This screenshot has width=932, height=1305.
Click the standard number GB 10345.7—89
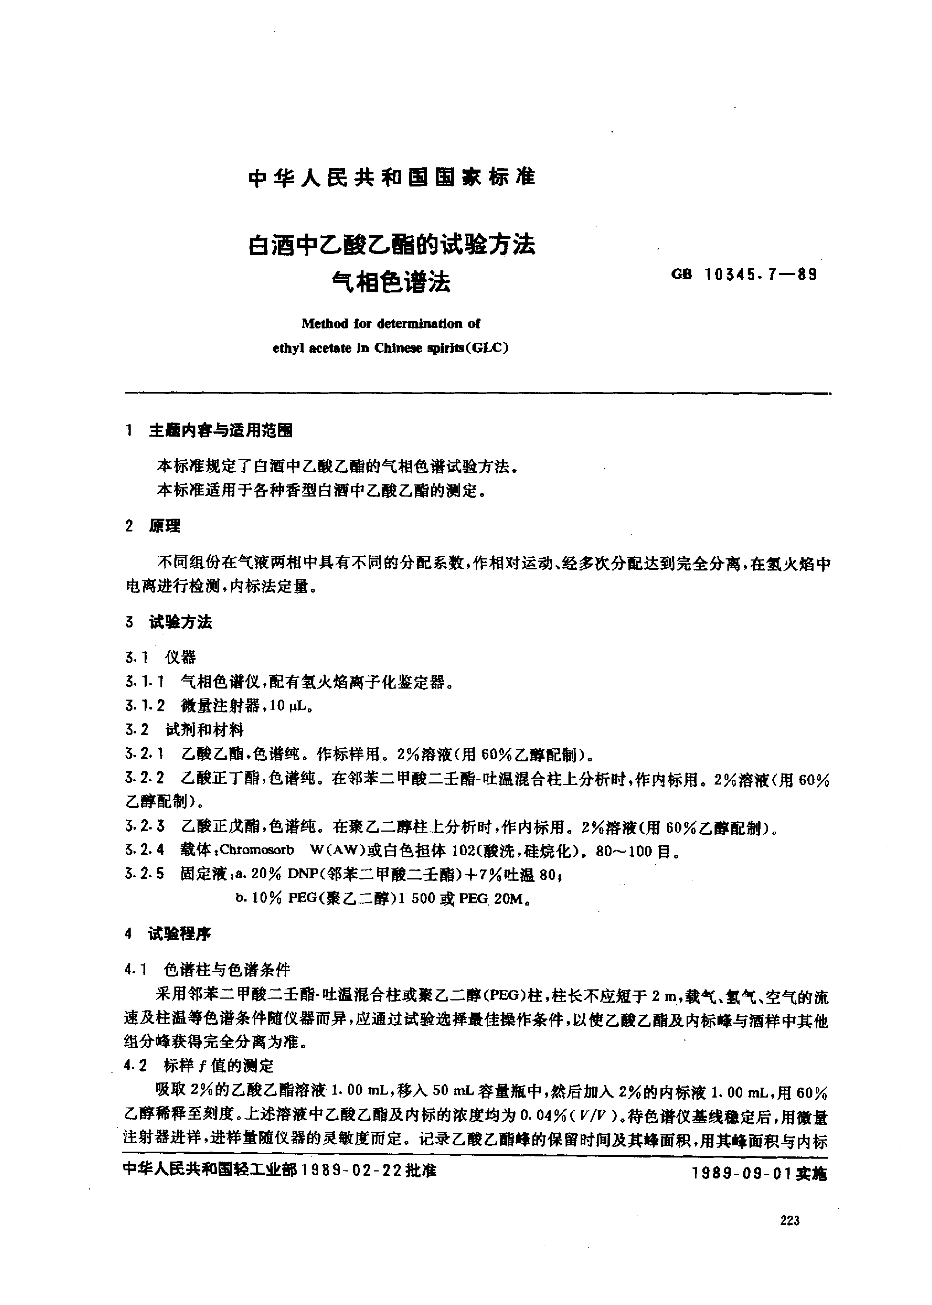[x=744, y=275]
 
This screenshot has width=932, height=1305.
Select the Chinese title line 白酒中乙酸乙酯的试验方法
[x=391, y=245]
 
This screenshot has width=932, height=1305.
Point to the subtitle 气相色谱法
[x=391, y=282]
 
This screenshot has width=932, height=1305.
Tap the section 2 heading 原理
[x=165, y=526]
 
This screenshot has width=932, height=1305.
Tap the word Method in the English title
[x=324, y=324]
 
